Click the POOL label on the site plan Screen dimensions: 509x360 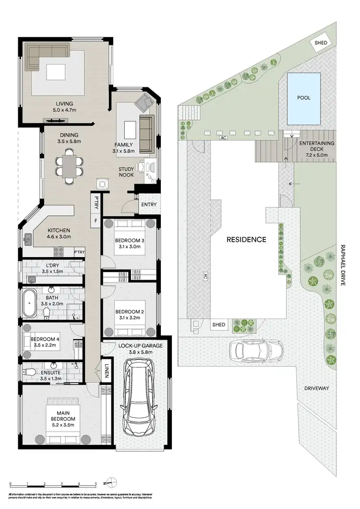pos(303,98)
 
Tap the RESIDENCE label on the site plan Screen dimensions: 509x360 pos(247,239)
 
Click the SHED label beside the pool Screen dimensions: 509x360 pos(321,43)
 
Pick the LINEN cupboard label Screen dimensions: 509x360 pos(107,371)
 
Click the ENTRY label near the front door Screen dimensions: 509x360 pos(148,205)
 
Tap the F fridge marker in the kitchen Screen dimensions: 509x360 pos(96,221)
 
